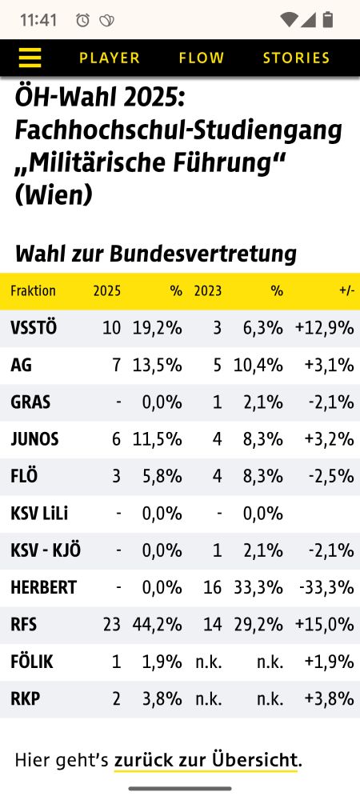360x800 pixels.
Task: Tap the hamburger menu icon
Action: [30, 58]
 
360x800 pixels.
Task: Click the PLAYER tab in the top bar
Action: [110, 58]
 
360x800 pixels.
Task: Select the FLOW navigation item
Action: [202, 58]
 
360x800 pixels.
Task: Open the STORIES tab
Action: [296, 58]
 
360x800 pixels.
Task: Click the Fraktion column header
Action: [33, 290]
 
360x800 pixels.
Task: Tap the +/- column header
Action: [346, 290]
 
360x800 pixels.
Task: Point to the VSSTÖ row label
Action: [34, 328]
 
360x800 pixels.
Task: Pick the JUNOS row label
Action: [34, 439]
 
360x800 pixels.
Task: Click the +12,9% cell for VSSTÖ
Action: [324, 328]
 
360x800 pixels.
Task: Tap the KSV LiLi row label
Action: [40, 514]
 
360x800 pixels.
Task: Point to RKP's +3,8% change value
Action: [329, 698]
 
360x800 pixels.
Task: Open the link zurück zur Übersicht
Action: [206, 759]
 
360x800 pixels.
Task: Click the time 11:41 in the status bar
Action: [38, 20]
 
